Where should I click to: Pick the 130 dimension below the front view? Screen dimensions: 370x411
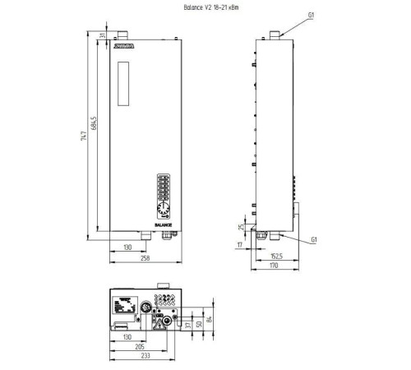(x=127, y=246)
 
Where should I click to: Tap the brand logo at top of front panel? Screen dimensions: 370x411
(x=125, y=49)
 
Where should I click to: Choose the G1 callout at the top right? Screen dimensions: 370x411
(x=311, y=14)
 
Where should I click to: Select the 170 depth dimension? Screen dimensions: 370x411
(x=275, y=266)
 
